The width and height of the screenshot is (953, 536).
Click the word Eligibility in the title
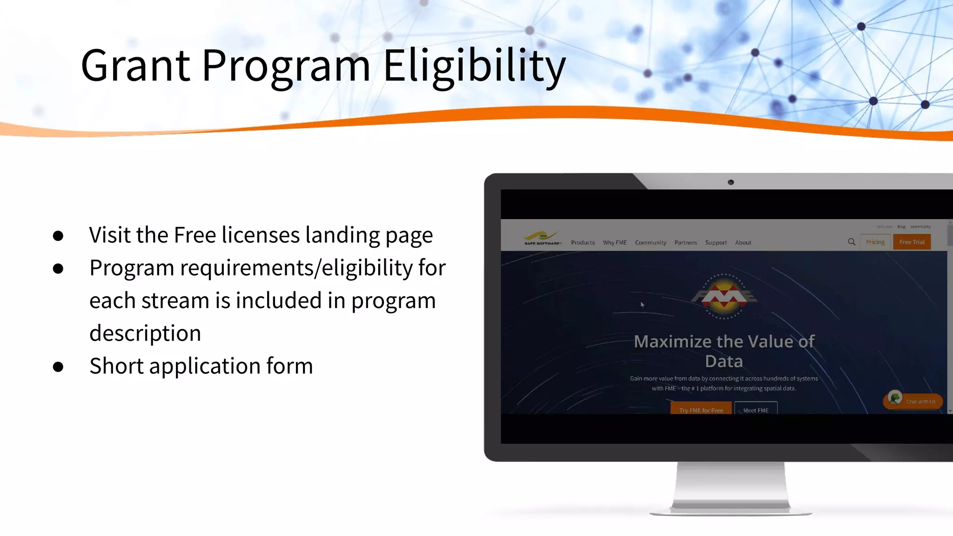click(x=474, y=66)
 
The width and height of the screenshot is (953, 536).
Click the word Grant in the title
click(x=135, y=66)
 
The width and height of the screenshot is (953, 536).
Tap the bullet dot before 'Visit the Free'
click(x=58, y=236)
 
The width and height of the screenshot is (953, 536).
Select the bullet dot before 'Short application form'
click(x=58, y=367)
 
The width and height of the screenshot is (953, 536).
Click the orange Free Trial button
click(x=912, y=242)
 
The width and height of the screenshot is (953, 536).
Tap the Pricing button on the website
click(x=875, y=242)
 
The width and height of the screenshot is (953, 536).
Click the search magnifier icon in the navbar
click(x=851, y=242)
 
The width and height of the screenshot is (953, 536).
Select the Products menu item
click(x=583, y=242)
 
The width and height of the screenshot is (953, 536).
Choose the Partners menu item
click(x=685, y=242)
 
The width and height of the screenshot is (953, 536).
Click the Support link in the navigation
click(x=716, y=242)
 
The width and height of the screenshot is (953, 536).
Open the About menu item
click(x=743, y=242)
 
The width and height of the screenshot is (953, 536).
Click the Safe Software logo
click(x=542, y=238)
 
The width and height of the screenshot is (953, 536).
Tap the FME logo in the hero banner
click(x=724, y=296)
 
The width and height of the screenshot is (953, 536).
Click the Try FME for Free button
click(x=701, y=409)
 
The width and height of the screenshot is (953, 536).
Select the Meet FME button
click(x=756, y=409)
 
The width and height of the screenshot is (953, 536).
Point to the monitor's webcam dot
click(x=731, y=182)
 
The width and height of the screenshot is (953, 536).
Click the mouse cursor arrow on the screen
click(x=642, y=305)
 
